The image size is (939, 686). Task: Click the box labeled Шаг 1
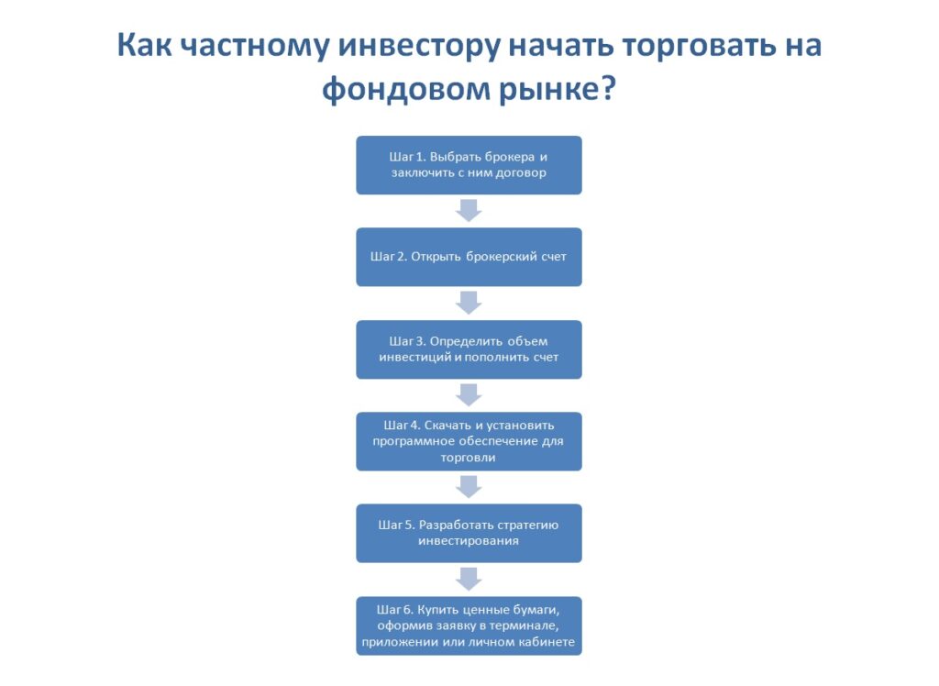click(x=469, y=165)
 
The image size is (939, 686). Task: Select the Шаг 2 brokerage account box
click(x=469, y=257)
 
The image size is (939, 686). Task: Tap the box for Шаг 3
click(x=469, y=349)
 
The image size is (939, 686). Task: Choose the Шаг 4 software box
click(x=469, y=441)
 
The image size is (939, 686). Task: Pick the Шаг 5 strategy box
click(x=469, y=533)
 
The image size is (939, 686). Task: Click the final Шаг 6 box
click(x=469, y=625)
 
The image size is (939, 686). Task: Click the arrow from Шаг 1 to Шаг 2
click(x=469, y=211)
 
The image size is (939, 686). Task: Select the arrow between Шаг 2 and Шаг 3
click(x=469, y=303)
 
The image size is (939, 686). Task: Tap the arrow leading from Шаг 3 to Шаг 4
click(x=469, y=395)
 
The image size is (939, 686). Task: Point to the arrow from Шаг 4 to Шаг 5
click(x=469, y=487)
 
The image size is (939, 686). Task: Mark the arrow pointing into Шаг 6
click(x=469, y=579)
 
